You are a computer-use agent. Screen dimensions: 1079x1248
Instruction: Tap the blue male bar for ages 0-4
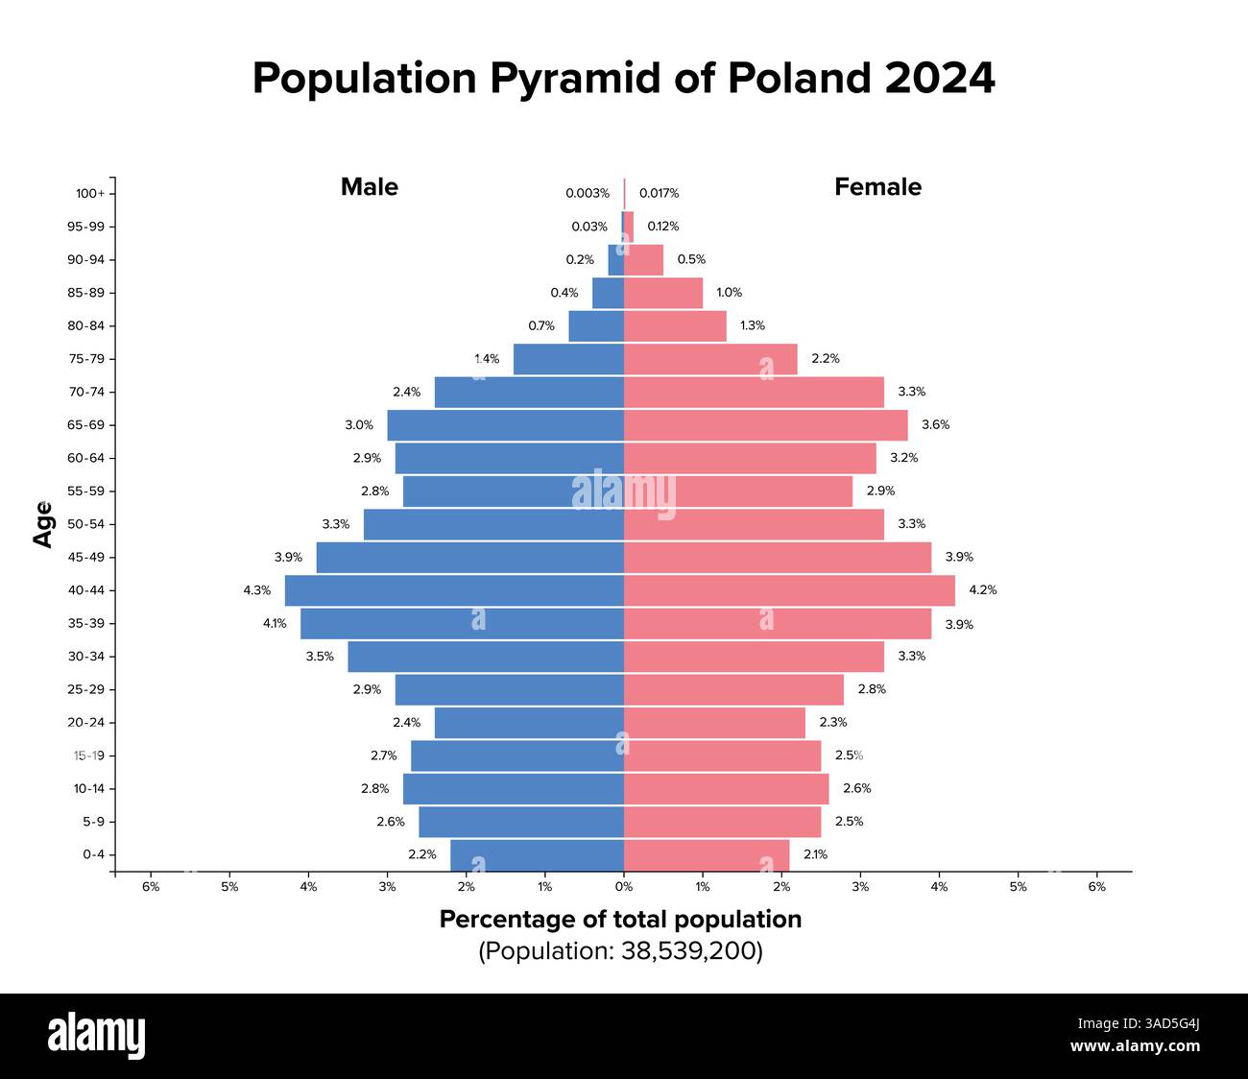(537, 854)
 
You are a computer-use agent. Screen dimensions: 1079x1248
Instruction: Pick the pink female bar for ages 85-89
(663, 293)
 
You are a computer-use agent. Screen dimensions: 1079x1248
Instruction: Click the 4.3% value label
(256, 590)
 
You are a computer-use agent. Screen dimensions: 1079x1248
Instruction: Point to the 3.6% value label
(935, 424)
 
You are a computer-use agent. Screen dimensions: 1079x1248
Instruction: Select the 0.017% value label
(659, 193)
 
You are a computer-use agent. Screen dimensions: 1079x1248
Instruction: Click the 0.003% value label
(587, 193)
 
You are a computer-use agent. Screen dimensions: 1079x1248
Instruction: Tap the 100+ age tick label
(90, 194)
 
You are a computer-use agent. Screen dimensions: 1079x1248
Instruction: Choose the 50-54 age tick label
(85, 524)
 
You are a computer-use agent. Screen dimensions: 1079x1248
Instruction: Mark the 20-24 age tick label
(85, 723)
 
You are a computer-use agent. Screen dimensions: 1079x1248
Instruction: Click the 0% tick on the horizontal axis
(624, 887)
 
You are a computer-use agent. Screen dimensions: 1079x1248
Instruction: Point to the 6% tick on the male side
(151, 887)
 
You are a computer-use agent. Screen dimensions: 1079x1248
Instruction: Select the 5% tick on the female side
(1018, 887)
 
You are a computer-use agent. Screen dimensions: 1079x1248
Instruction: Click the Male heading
(369, 187)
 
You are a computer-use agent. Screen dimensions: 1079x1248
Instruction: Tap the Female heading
(877, 187)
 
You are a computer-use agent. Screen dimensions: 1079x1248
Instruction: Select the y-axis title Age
(43, 524)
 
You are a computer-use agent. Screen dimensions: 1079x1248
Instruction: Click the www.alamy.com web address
(1135, 1046)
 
